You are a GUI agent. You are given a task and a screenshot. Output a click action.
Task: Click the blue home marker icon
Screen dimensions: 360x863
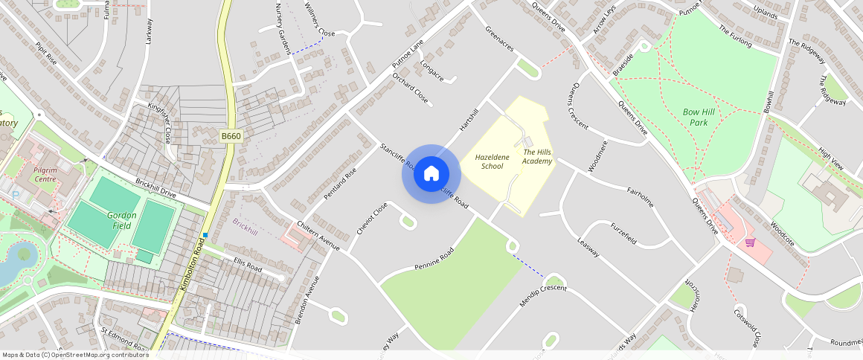(x=431, y=174)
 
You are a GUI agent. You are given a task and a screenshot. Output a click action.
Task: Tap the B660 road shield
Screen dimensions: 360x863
(x=231, y=136)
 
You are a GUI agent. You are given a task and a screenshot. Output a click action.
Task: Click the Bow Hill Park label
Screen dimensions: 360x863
(x=699, y=117)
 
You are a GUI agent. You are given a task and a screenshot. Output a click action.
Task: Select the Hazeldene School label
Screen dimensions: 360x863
(x=492, y=161)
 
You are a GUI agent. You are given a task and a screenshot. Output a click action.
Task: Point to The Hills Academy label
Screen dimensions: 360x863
(x=537, y=156)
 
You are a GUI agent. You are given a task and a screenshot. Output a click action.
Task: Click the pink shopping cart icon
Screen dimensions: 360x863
(x=750, y=242)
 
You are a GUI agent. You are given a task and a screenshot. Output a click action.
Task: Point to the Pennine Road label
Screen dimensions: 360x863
(x=434, y=263)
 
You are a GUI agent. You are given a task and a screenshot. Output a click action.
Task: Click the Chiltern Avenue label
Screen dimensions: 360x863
(x=318, y=236)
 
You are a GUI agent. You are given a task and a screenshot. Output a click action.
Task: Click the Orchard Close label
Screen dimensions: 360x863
(x=411, y=89)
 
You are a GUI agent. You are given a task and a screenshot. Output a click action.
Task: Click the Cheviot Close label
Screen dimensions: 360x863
(x=372, y=219)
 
